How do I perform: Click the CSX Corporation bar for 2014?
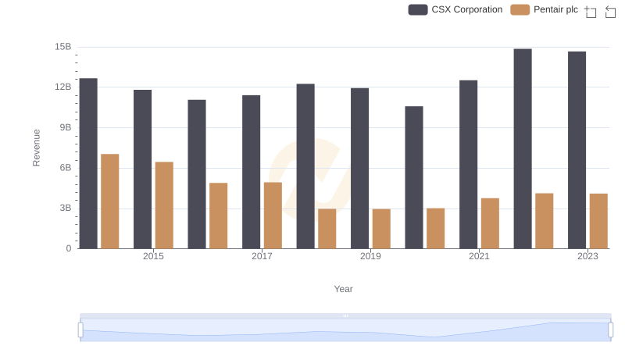point(88,163)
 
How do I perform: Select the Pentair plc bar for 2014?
point(110,201)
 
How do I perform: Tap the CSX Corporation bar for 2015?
point(143,169)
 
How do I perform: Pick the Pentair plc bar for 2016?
point(219,216)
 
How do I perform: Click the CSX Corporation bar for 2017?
point(252,172)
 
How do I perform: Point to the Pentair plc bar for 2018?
point(327,228)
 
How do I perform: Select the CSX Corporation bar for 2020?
point(414,177)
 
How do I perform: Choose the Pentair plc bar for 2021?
point(490,223)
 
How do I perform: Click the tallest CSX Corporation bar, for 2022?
point(523,148)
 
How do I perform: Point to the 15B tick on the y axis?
point(63,47)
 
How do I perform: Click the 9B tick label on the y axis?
point(63,127)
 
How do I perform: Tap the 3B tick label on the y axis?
point(63,208)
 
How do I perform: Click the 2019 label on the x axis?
point(370,256)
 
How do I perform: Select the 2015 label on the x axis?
point(153,256)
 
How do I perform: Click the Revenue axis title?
point(36,148)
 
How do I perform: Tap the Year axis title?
point(344,289)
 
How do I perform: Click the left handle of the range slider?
point(80,330)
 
